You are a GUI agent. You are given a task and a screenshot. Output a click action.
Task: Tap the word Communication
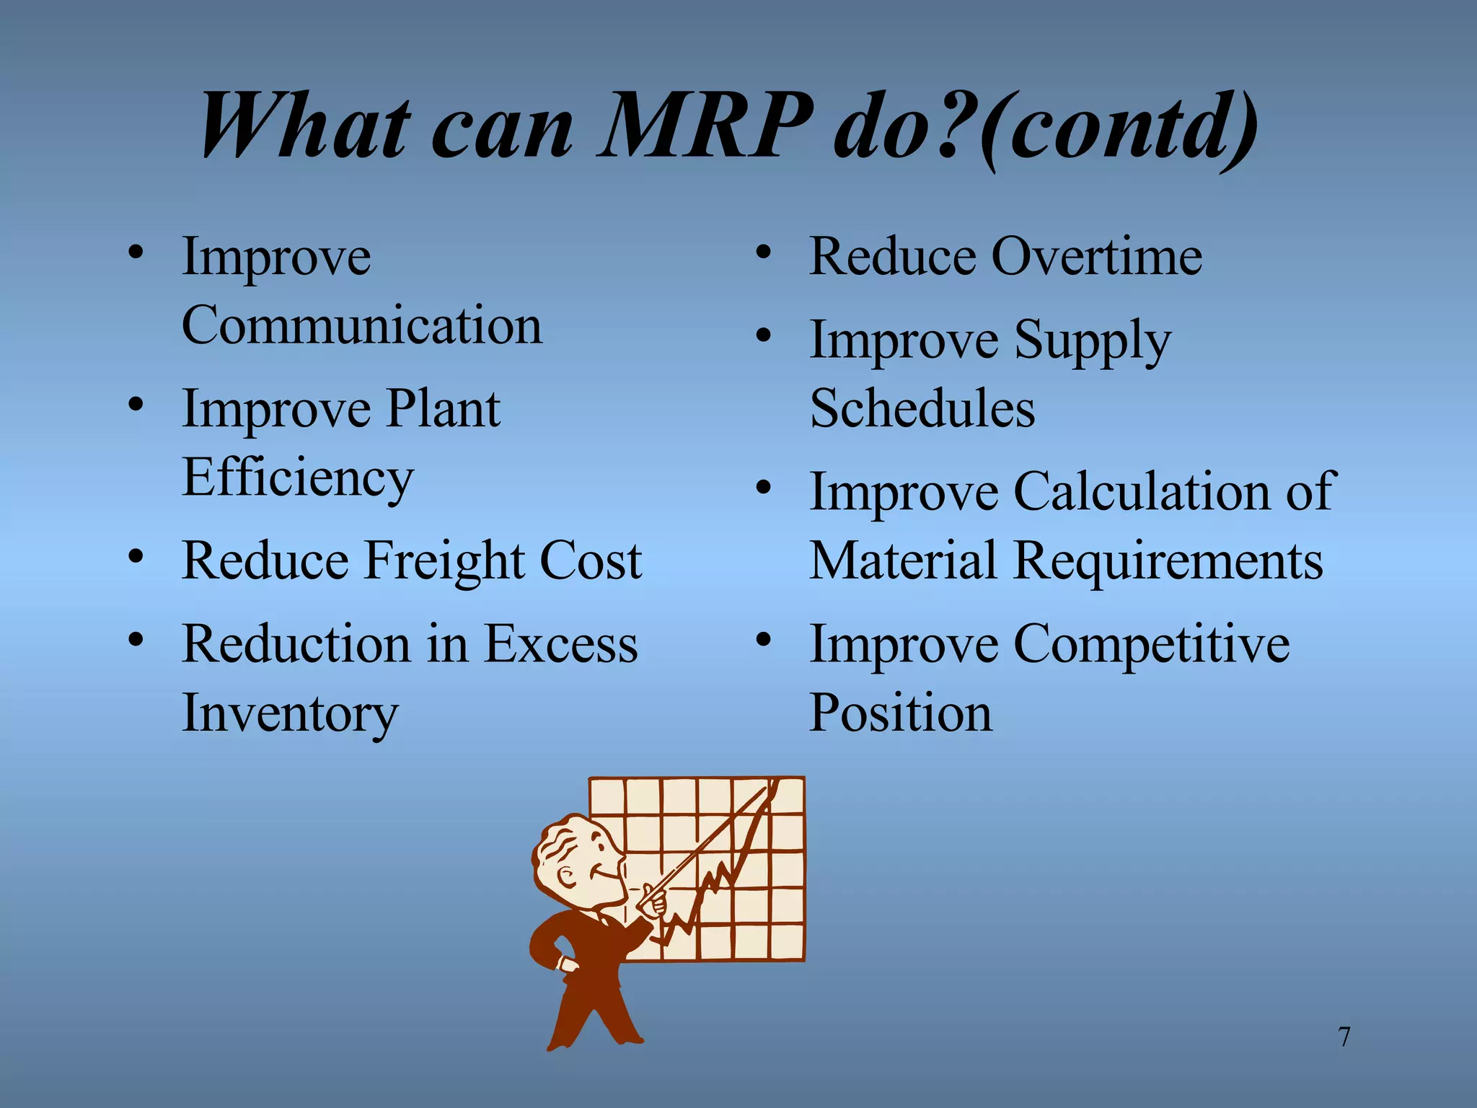coord(361,325)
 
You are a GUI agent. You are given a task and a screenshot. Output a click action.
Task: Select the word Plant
coord(443,409)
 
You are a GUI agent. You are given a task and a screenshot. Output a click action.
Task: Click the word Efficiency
coord(298,478)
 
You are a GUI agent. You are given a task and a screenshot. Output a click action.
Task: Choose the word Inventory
coord(290,713)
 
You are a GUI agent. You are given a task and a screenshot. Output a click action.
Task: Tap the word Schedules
coord(922,409)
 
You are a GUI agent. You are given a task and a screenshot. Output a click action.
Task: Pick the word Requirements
coord(1168,561)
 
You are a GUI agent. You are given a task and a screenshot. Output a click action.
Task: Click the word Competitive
coord(1152,644)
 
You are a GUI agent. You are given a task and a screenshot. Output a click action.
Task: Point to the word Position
coord(901,713)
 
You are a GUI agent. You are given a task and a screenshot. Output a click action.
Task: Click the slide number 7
coord(1344,1037)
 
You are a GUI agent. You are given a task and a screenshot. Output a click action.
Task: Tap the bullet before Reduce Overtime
coord(763,253)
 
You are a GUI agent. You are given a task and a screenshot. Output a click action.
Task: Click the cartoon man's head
coord(577,858)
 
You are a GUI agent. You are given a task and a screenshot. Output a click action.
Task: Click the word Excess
coord(560,644)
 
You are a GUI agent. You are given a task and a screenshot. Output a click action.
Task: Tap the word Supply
coord(1092,340)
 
